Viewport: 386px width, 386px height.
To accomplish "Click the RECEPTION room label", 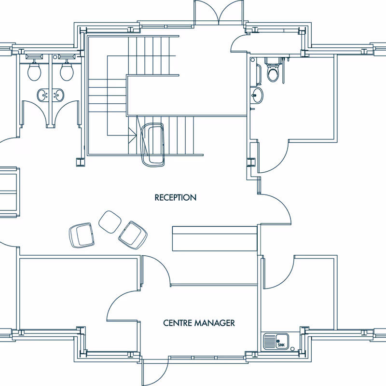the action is click(x=175, y=197).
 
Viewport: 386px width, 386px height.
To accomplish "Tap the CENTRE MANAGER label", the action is click(x=199, y=323).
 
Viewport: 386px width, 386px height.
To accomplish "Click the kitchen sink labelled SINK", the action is click(x=276, y=341).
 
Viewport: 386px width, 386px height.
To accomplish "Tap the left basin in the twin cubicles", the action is click(x=43, y=95).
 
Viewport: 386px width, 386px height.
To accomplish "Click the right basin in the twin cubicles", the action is click(x=58, y=95).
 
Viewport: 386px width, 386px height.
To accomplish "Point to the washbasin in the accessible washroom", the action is click(x=257, y=95).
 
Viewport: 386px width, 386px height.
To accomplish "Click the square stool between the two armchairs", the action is click(x=110, y=222).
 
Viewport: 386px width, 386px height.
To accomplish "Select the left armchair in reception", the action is click(x=82, y=235).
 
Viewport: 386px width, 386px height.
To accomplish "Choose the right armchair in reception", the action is click(x=133, y=235).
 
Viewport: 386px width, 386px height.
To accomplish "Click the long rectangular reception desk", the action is click(x=215, y=238).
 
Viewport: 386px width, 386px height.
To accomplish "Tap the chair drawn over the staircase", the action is click(x=152, y=145).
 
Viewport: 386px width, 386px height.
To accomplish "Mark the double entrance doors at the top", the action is click(x=219, y=13).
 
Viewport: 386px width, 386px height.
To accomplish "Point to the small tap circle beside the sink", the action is click(x=292, y=349).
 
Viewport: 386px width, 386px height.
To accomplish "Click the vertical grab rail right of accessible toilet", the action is click(x=283, y=70).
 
